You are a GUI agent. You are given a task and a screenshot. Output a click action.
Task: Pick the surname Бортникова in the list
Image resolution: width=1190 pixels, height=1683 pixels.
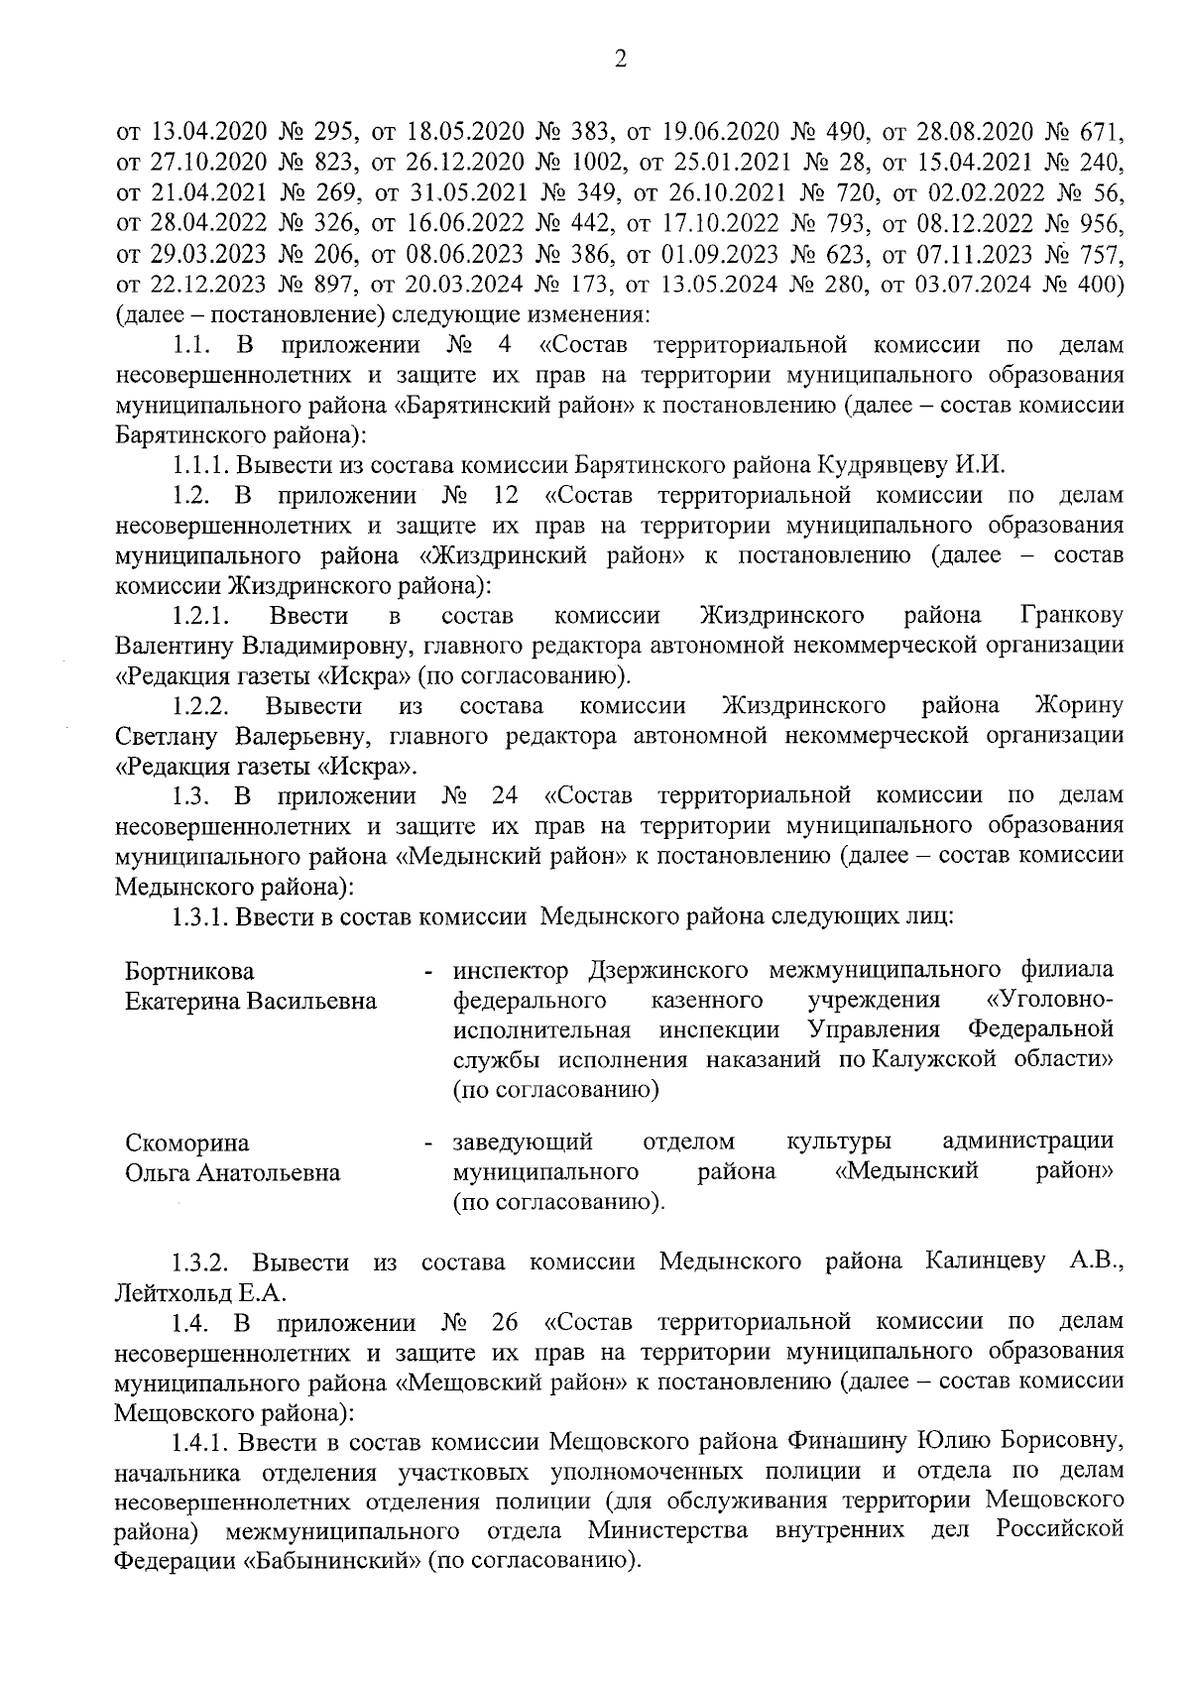pos(189,970)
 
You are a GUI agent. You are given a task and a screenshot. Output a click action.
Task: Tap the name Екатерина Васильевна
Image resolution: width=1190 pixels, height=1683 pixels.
pos(251,1000)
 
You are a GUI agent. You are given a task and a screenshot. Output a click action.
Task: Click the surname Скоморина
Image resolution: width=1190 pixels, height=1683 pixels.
pos(187,1142)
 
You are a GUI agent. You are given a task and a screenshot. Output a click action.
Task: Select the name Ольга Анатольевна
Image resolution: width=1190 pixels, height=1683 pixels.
pos(232,1172)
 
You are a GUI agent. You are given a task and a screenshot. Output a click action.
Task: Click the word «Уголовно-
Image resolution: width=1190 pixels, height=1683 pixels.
pos(1050,999)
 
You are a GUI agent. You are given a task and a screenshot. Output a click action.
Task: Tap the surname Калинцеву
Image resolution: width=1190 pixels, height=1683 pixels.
pos(986,1262)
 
